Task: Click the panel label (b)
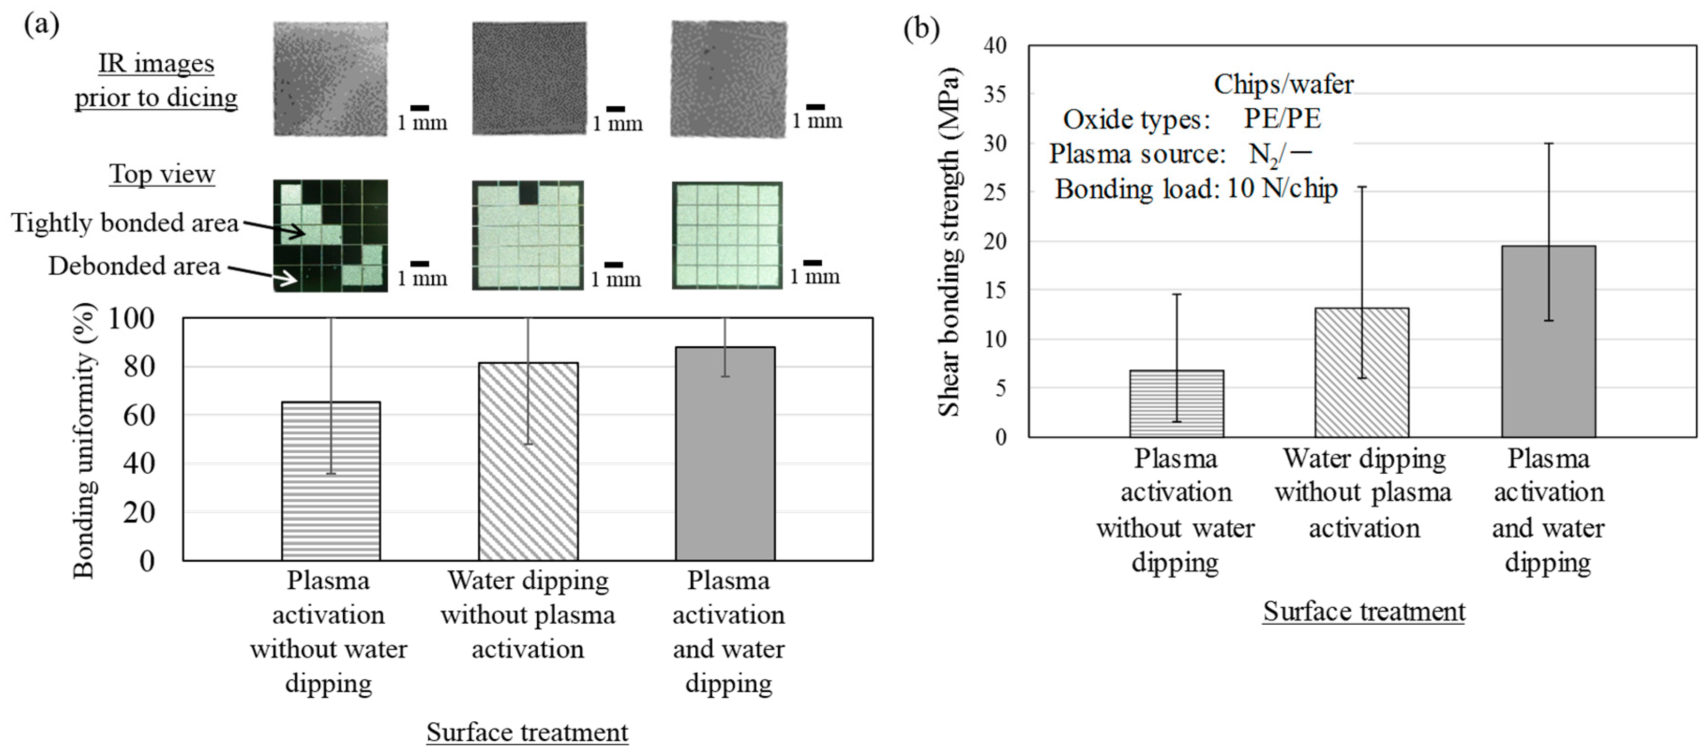(x=921, y=29)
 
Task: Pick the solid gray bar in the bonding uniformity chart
(x=725, y=454)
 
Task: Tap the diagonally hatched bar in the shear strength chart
(x=1361, y=373)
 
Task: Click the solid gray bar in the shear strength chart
(x=1548, y=342)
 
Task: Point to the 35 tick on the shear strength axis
(x=995, y=95)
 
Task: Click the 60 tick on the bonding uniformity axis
(x=138, y=415)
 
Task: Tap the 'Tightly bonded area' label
(x=124, y=223)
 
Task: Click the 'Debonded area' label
(x=134, y=266)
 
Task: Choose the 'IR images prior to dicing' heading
(x=156, y=81)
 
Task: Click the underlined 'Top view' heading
(x=162, y=174)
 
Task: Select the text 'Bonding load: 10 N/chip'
(x=1196, y=189)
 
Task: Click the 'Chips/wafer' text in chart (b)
(x=1284, y=85)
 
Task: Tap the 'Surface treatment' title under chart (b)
(x=1363, y=611)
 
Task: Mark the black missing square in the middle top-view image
(x=528, y=193)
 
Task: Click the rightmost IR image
(x=729, y=79)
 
